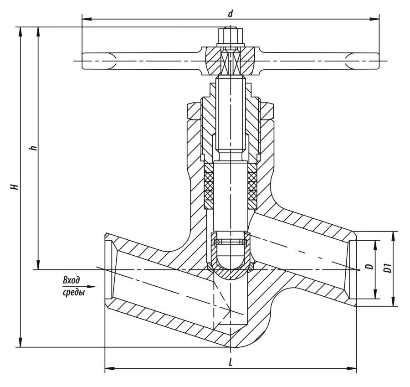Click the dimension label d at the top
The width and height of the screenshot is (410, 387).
pos(231,14)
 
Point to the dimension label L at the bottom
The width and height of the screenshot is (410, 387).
pos(231,362)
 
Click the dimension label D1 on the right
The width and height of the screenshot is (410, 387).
pos(388,268)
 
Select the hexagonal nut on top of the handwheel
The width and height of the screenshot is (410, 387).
pos(231,36)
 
